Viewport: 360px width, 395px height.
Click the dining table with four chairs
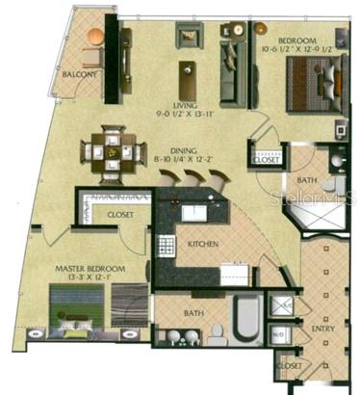pos(113,149)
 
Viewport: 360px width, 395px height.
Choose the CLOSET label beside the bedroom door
pos(264,160)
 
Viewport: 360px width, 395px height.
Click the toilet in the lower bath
pos(216,332)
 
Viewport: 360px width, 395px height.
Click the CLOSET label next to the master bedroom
pos(120,214)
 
